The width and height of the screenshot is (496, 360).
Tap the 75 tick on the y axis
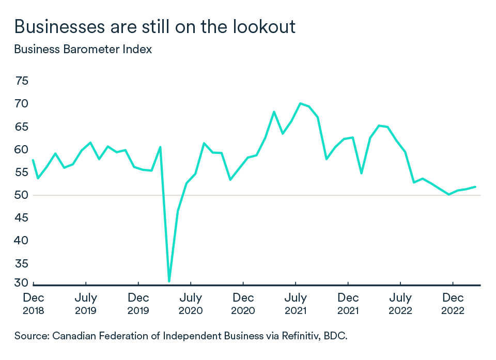(x=22, y=81)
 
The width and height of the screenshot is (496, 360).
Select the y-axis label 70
(x=22, y=104)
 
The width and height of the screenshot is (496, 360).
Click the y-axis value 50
(x=22, y=195)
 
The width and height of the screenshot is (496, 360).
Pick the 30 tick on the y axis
(x=22, y=283)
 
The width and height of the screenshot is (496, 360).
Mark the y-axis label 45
(x=22, y=218)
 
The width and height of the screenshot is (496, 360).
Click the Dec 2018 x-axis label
(x=34, y=304)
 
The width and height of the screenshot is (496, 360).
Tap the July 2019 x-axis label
(x=85, y=304)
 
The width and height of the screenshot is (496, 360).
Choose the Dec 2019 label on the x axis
(x=138, y=304)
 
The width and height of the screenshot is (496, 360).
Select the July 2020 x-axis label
(x=191, y=304)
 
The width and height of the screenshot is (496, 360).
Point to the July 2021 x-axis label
(x=296, y=304)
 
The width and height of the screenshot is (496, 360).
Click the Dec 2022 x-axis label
(x=453, y=304)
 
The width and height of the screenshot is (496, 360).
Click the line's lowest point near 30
(x=169, y=281)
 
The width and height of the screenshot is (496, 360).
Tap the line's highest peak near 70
(x=300, y=103)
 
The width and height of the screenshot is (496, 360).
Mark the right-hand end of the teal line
(x=475, y=186)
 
